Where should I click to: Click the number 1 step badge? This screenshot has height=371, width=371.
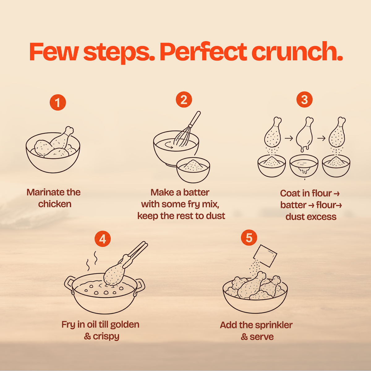point(58,102)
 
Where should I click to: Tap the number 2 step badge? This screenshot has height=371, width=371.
point(184,100)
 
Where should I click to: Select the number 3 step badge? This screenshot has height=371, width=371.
point(305,100)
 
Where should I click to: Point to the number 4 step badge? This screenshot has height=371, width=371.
point(103,239)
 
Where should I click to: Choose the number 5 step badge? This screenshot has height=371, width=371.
point(249,237)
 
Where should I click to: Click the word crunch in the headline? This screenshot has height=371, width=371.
point(297,52)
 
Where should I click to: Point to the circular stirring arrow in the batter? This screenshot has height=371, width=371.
point(169,145)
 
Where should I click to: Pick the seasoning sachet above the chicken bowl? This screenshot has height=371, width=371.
point(265,256)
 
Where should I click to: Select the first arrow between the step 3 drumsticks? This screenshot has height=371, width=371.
point(289,138)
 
